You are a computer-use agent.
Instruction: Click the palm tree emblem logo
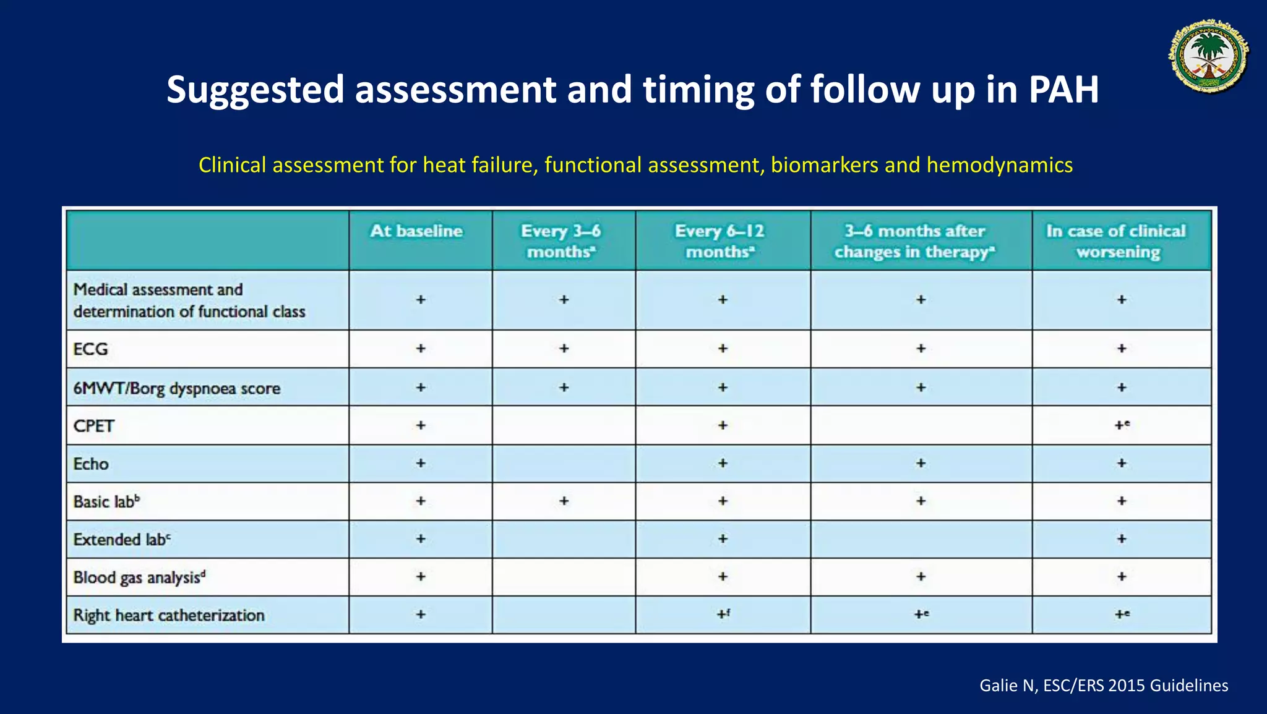[1209, 56]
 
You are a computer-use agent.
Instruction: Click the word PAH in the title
[1063, 90]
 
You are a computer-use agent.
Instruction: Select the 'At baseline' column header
[416, 231]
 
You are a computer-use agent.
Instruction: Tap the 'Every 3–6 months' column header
[561, 241]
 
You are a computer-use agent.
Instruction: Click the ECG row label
[91, 349]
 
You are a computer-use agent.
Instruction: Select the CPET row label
[94, 426]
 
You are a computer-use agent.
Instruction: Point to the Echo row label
[92, 464]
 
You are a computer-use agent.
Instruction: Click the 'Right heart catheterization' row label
[169, 616]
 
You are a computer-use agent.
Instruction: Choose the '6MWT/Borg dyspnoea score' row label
[177, 388]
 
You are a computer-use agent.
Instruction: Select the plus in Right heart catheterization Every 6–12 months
[723, 614]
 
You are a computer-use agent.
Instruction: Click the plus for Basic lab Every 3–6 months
[564, 501]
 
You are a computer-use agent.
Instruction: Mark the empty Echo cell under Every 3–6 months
[564, 464]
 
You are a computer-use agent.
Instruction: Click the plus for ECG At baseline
[421, 349]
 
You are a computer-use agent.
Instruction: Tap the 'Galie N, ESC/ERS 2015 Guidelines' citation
[1104, 686]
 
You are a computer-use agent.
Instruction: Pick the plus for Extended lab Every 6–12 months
[723, 539]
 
